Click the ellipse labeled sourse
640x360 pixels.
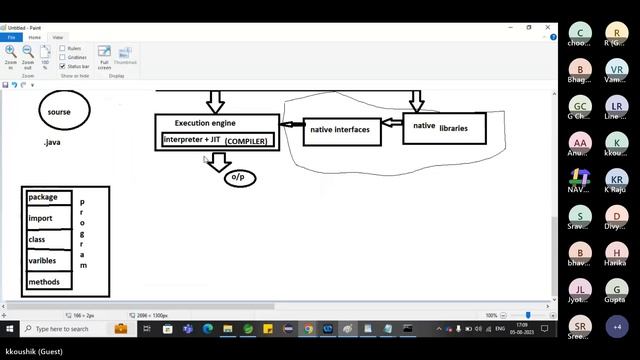tap(64, 112)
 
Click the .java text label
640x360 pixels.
tap(54, 143)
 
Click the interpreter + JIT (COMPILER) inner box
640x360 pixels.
tap(216, 140)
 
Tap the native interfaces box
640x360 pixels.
tap(341, 130)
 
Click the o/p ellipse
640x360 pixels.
tap(239, 177)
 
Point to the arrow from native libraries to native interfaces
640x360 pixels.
tap(392, 125)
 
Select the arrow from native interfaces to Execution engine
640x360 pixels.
tap(291, 125)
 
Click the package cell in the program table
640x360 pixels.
tap(48, 197)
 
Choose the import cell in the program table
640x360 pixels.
tap(48, 218)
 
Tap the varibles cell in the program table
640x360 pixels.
tap(48, 261)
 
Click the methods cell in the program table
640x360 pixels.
tap(48, 283)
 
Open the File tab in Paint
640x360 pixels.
tap(12, 37)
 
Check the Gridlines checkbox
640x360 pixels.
tap(63, 57)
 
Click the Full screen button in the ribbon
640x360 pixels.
tap(104, 56)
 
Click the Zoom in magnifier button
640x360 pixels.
tap(11, 54)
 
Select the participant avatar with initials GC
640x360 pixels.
tap(580, 107)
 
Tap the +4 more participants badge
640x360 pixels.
tap(617, 327)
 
